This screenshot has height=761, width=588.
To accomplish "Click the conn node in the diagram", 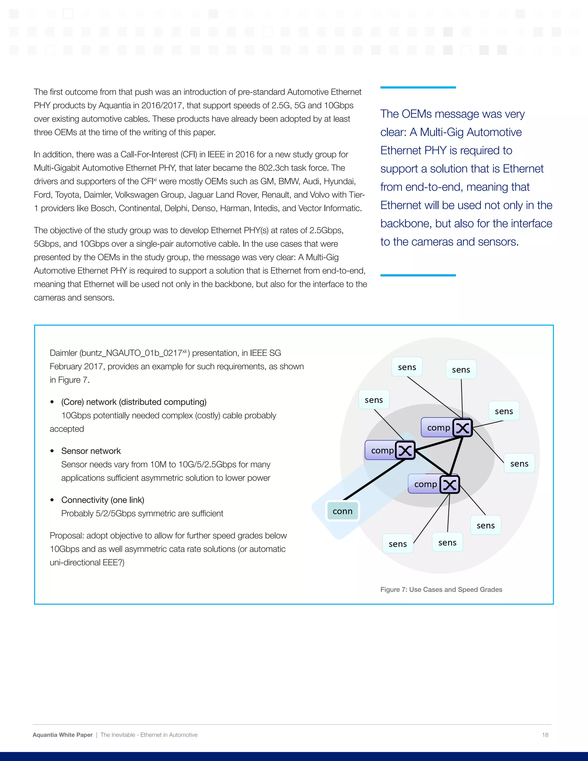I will (343, 511).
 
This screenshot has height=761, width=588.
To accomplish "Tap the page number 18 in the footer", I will (545, 735).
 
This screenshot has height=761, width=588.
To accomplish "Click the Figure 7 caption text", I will (441, 590).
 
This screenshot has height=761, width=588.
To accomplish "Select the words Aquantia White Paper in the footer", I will (63, 735).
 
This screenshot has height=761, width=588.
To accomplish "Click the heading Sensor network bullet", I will (91, 451).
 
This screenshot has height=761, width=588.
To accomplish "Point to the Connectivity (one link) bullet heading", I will (103, 500).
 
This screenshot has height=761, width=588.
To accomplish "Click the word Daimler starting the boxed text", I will (63, 353).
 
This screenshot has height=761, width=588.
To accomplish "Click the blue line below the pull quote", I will (418, 275).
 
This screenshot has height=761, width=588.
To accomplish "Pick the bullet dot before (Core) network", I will (52, 402).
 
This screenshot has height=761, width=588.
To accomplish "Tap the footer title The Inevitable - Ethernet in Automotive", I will (149, 735).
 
